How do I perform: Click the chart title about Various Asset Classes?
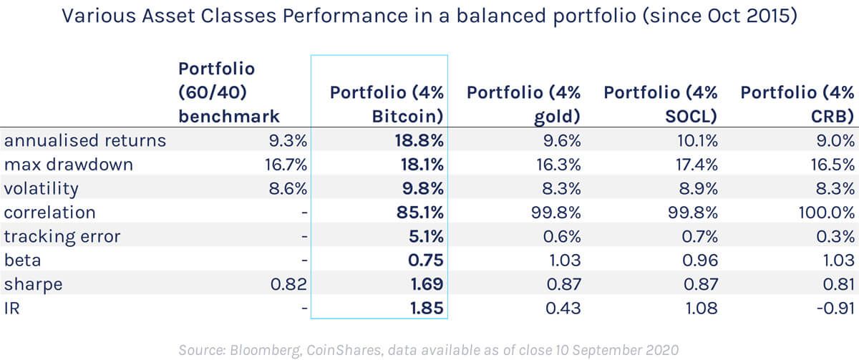click(x=429, y=16)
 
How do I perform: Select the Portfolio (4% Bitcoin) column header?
click(x=387, y=104)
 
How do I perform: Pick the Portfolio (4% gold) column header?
click(x=523, y=104)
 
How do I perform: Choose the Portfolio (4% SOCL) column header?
click(x=660, y=104)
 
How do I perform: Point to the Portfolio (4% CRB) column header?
click(x=797, y=104)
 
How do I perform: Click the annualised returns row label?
click(x=85, y=141)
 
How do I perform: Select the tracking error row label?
click(x=62, y=236)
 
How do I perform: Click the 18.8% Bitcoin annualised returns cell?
click(x=420, y=141)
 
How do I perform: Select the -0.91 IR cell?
click(x=835, y=308)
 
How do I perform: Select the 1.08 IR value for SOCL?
click(x=699, y=308)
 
